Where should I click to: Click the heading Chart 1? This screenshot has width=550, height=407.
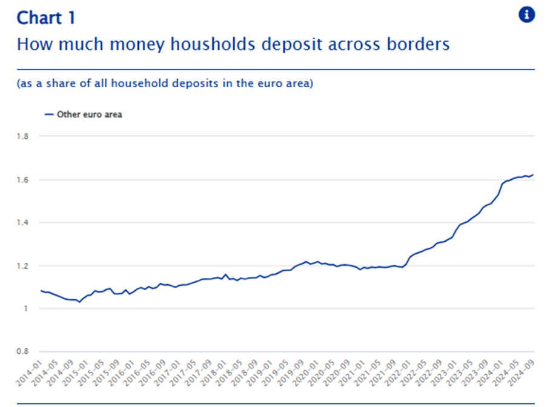tap(46, 18)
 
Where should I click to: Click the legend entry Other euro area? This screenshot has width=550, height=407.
tap(89, 114)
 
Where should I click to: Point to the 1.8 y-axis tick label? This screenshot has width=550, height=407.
tap(23, 137)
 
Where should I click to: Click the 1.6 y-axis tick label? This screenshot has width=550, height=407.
tap(23, 180)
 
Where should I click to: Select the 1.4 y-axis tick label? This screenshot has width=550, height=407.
tap(23, 223)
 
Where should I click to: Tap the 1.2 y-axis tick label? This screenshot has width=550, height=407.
tap(23, 266)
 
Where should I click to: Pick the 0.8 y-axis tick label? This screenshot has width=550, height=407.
tap(23, 352)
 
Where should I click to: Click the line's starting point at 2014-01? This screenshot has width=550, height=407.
tap(41, 291)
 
